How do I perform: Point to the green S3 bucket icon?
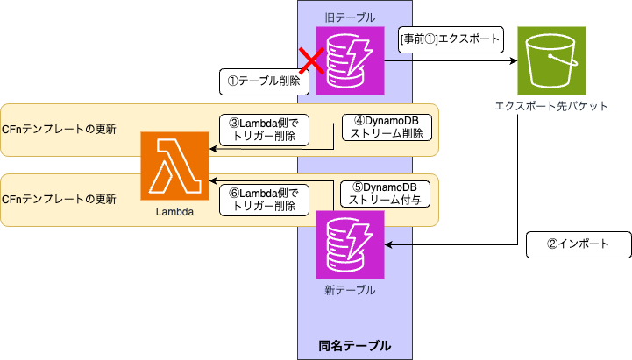(551, 61)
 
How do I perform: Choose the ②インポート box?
(578, 244)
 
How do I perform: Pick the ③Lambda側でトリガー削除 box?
(263, 130)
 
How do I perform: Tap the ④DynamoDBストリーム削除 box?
(386, 128)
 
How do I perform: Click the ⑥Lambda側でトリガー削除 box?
(263, 200)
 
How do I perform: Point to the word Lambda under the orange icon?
(174, 212)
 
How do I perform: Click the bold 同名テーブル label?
(355, 345)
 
